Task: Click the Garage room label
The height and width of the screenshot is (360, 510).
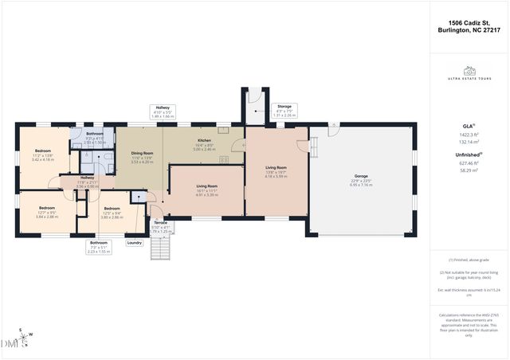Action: [361, 179]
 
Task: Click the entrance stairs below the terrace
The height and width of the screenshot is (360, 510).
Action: [161, 249]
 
